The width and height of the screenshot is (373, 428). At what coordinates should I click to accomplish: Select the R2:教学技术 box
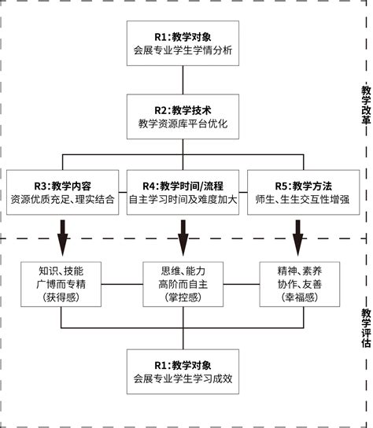pyautogui.click(x=183, y=116)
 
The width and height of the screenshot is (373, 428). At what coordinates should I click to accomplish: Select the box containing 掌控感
pyautogui.click(x=183, y=284)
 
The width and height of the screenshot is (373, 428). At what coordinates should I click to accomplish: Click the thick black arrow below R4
pyautogui.click(x=183, y=234)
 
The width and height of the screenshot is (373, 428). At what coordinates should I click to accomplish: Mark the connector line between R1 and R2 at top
pyautogui.click(x=183, y=79)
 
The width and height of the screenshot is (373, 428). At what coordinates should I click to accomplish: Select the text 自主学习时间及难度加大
pyautogui.click(x=183, y=200)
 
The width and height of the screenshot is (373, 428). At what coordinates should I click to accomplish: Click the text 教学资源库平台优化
pyautogui.click(x=183, y=124)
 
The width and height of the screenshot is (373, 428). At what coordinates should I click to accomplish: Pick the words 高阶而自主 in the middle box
pyautogui.click(x=183, y=284)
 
